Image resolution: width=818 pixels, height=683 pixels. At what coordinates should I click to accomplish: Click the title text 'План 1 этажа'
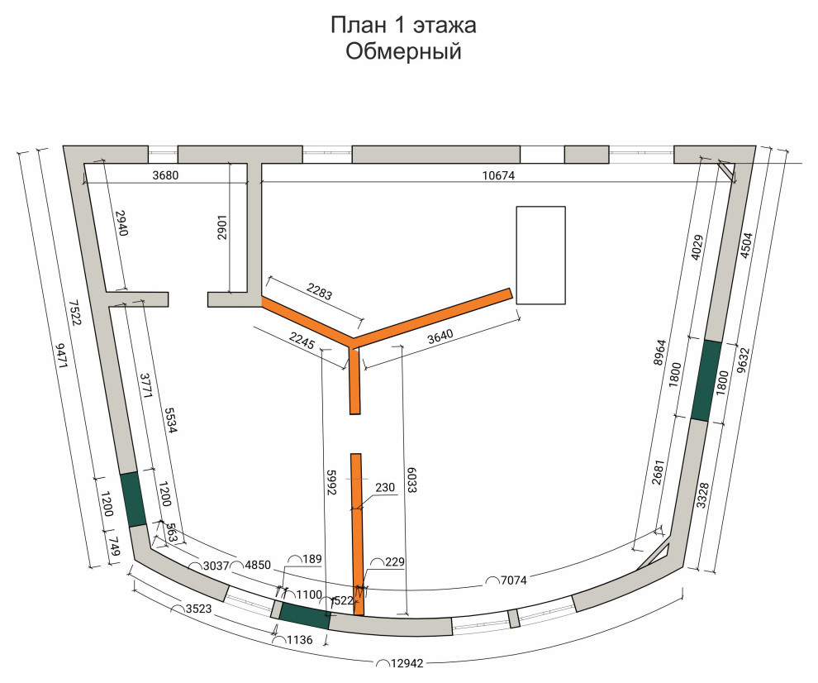403,25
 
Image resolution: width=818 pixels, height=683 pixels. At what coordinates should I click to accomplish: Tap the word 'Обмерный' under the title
403,51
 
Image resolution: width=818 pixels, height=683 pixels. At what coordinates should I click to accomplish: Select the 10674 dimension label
498,175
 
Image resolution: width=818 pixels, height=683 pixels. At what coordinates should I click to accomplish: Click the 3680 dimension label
165,175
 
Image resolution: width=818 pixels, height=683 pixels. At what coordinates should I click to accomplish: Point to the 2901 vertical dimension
223,227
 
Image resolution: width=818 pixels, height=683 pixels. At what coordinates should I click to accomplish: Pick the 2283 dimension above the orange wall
319,291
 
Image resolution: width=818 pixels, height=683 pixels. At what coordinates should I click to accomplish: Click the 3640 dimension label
440,336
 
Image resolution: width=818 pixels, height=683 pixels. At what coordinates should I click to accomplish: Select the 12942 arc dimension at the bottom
407,663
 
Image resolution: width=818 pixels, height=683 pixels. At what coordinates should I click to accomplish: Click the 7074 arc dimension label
513,580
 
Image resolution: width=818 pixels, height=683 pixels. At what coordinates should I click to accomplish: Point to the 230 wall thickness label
385,487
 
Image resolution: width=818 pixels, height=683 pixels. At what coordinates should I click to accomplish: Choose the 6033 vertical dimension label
412,480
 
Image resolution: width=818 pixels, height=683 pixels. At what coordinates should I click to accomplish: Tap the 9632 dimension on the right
743,361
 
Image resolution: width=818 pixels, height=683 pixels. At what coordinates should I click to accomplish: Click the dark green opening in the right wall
707,380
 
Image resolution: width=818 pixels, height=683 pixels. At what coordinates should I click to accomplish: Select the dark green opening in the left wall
134,499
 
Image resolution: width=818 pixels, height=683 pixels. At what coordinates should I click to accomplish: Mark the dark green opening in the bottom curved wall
305,615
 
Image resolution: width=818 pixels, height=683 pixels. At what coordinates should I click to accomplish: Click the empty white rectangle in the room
541,255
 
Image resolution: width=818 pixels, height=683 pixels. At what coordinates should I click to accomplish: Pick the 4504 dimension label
747,245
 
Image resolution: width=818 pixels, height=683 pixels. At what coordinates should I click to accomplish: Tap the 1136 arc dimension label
299,640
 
